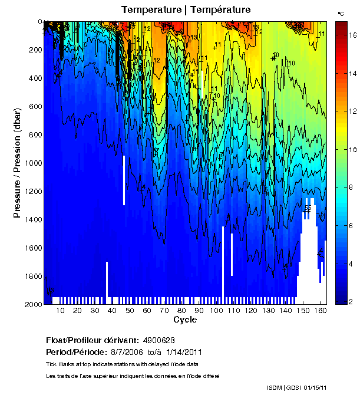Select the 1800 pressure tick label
point(33,277)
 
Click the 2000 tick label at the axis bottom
point(33,305)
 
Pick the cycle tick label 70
point(163,310)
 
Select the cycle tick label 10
point(60,310)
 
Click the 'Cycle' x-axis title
point(185,320)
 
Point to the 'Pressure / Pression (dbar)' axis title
point(18,163)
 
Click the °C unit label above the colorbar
point(341,13)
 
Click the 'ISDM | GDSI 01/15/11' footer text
point(296,388)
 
